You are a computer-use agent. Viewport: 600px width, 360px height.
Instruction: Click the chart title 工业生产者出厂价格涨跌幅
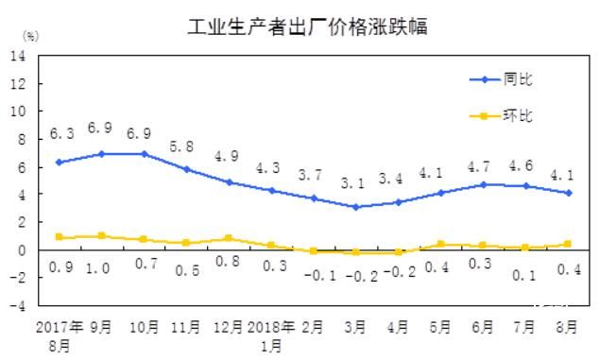pos(308,27)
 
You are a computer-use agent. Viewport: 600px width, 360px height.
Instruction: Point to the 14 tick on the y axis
pos(18,56)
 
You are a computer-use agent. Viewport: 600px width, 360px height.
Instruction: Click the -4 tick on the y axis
pos(16,306)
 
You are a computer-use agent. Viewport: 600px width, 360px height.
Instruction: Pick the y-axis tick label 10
pos(18,111)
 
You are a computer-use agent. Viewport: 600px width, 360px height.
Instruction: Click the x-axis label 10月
pos(143,328)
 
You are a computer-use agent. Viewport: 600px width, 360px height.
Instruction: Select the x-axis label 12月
pos(228,328)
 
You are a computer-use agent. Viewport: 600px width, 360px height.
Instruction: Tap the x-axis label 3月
pos(355,328)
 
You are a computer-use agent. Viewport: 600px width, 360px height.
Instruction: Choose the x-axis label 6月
pos(482,328)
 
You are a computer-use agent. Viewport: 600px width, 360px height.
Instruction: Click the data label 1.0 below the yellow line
pos(98,268)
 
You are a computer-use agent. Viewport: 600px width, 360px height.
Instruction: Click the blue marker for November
pos(186,169)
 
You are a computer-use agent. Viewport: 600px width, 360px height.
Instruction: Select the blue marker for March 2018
pos(355,206)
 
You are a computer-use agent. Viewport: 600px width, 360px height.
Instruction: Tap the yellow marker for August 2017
pos(60,237)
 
